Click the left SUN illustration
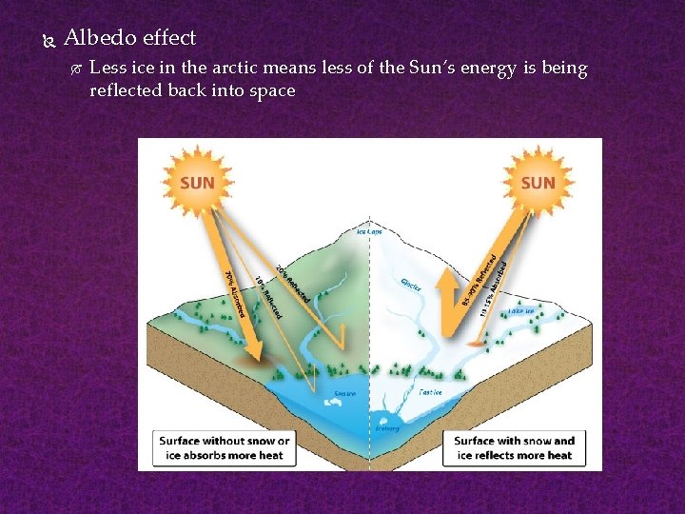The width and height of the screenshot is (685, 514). click(x=197, y=181)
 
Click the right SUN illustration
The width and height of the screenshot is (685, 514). click(x=538, y=181)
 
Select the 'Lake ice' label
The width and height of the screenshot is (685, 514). click(x=521, y=309)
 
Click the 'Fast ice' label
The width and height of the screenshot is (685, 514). click(x=430, y=391)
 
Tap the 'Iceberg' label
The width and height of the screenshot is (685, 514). click(x=388, y=428)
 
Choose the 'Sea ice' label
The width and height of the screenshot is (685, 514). click(x=345, y=394)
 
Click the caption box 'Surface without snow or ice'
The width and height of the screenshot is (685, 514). click(x=225, y=448)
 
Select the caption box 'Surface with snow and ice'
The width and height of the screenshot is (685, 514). click(x=514, y=448)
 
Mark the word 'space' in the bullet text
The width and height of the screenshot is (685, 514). click(x=271, y=90)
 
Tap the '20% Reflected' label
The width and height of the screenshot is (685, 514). click(x=292, y=284)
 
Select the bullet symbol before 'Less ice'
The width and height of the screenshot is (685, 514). click(x=76, y=69)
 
